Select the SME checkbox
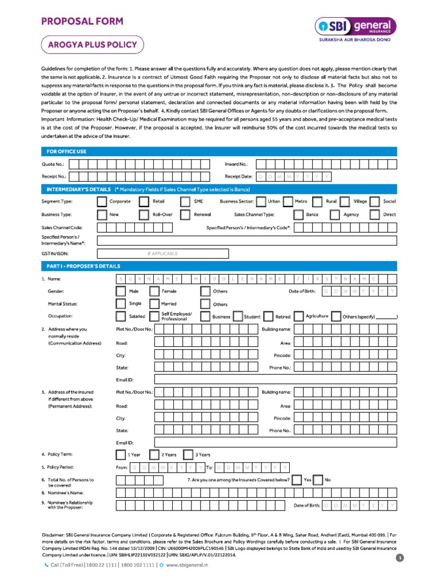click(185, 201)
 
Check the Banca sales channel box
click(298, 215)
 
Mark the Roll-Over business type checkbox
click(143, 215)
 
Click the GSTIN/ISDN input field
click(163, 254)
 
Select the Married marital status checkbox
click(154, 304)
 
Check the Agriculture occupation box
click(297, 316)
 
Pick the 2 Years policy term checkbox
click(154, 455)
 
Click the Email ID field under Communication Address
click(275, 380)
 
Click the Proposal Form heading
click(81, 21)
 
